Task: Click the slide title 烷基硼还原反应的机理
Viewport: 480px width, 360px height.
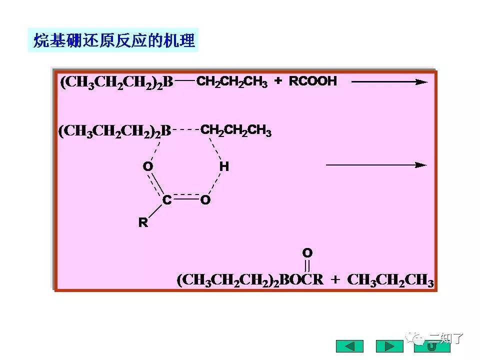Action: [113, 40]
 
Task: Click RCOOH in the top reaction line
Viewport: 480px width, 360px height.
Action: [313, 81]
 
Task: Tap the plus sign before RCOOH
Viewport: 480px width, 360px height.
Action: [278, 81]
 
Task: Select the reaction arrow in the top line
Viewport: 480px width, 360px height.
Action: [389, 81]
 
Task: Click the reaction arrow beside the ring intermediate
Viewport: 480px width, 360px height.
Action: [376, 165]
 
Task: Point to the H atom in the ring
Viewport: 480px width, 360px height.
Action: [224, 166]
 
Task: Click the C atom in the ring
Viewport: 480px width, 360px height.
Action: [167, 200]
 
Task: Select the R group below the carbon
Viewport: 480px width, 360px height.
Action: [143, 223]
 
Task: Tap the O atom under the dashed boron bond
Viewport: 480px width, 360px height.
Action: [147, 166]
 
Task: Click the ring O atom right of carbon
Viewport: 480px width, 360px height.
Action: [205, 200]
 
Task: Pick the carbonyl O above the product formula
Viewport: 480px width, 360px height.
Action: [307, 252]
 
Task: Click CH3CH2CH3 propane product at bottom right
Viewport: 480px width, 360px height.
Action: [390, 280]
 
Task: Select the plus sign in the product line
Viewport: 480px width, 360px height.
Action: [335, 280]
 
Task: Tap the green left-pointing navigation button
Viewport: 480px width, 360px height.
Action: [349, 346]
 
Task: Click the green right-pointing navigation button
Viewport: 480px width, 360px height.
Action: [389, 346]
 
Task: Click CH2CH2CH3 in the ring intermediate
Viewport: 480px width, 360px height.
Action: [236, 131]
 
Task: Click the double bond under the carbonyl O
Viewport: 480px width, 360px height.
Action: [307, 265]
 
